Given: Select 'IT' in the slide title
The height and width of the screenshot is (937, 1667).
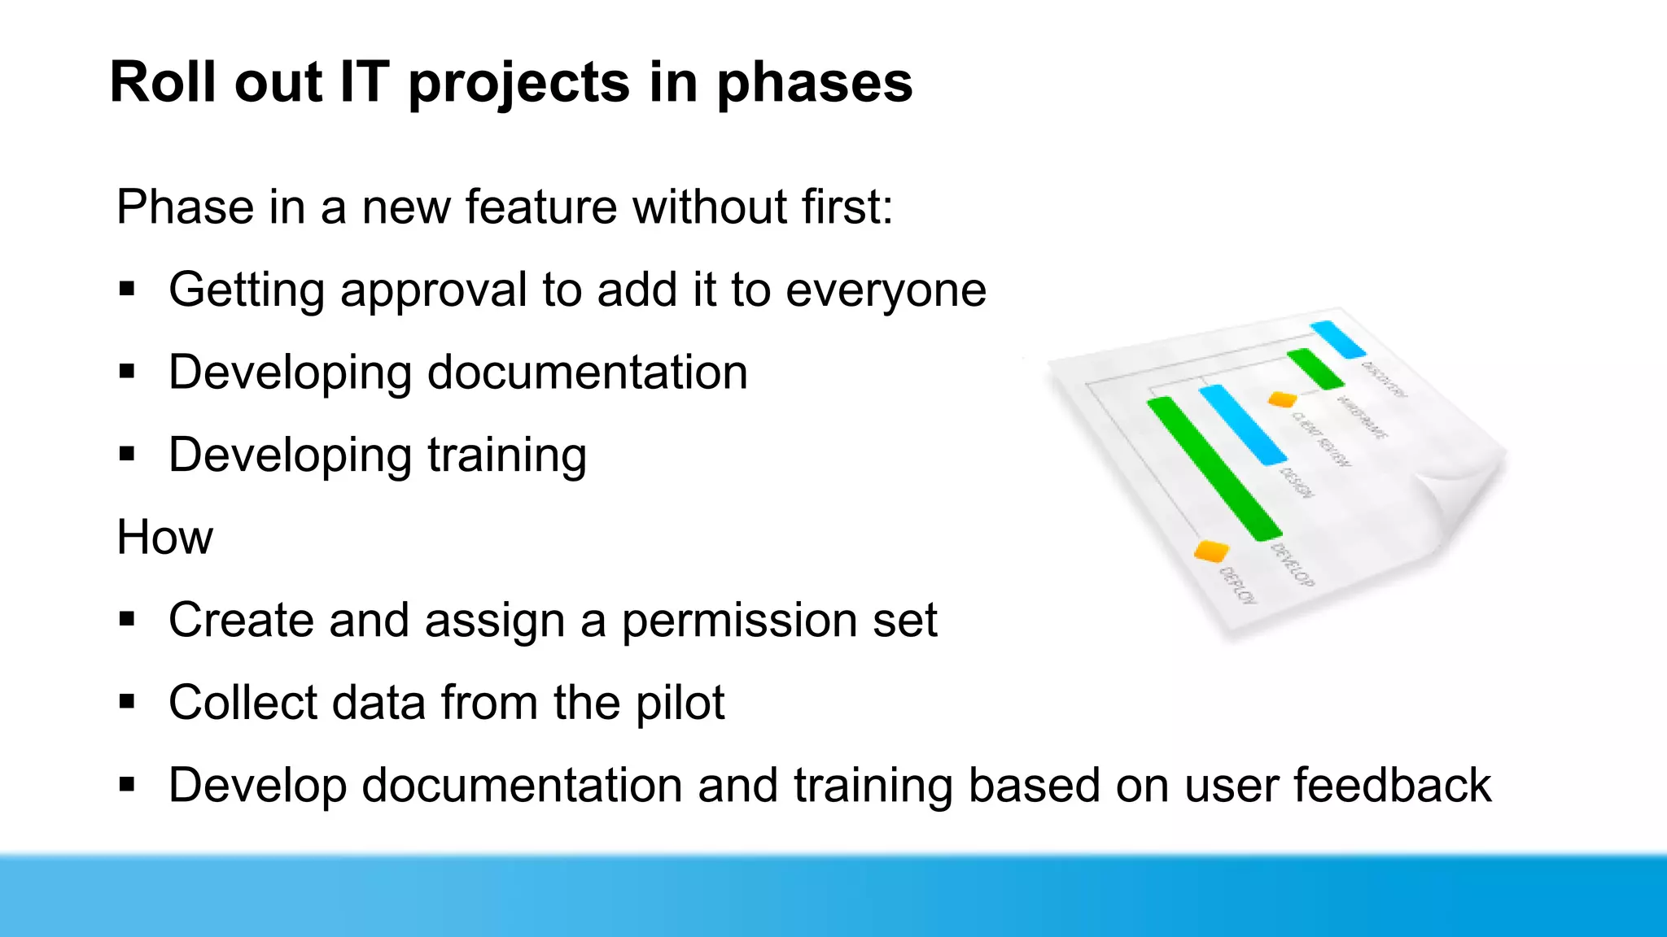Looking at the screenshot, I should [364, 82].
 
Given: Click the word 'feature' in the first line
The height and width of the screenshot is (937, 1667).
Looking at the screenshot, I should [541, 207].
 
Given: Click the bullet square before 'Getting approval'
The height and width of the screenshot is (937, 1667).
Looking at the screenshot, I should [126, 289].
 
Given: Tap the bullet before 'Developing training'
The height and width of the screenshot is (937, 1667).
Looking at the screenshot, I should [126, 454].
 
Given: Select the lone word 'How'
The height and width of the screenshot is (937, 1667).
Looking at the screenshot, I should [164, 538].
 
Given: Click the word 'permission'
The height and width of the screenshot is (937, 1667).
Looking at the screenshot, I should [739, 621].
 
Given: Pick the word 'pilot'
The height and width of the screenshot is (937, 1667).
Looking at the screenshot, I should [680, 703].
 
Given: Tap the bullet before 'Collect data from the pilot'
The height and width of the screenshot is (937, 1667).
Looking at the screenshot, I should [126, 702].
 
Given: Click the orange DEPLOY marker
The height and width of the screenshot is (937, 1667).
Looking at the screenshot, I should [1210, 551].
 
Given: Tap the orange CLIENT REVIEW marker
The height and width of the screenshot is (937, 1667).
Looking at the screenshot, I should [1282, 399].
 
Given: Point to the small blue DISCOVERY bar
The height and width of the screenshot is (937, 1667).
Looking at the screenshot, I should [1337, 339].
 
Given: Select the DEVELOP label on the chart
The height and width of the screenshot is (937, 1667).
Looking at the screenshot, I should [1293, 564].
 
